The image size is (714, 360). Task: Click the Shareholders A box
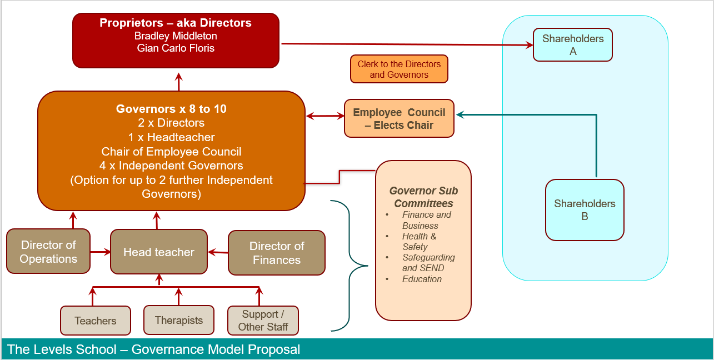(x=573, y=44)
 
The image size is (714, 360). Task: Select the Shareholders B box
(x=585, y=210)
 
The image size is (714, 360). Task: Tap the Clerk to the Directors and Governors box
(x=399, y=69)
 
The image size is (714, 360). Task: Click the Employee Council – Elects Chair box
(x=399, y=118)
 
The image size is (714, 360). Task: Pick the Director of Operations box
(x=48, y=251)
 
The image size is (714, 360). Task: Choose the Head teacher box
(x=159, y=252)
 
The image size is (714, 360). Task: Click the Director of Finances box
(x=277, y=253)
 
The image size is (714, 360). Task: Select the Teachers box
(x=96, y=321)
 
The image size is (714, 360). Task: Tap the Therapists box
(x=179, y=320)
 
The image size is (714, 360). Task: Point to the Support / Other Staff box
(x=263, y=321)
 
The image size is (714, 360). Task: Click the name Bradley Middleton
(x=176, y=36)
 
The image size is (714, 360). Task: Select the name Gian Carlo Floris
(x=176, y=48)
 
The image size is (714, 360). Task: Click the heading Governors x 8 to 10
(x=171, y=109)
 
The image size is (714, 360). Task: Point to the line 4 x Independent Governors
(x=171, y=166)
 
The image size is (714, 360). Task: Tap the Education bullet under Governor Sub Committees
(x=422, y=279)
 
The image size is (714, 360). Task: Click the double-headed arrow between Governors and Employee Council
(x=325, y=116)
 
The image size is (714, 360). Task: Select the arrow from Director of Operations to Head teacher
(x=101, y=252)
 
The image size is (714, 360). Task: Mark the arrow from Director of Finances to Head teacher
(x=218, y=253)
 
